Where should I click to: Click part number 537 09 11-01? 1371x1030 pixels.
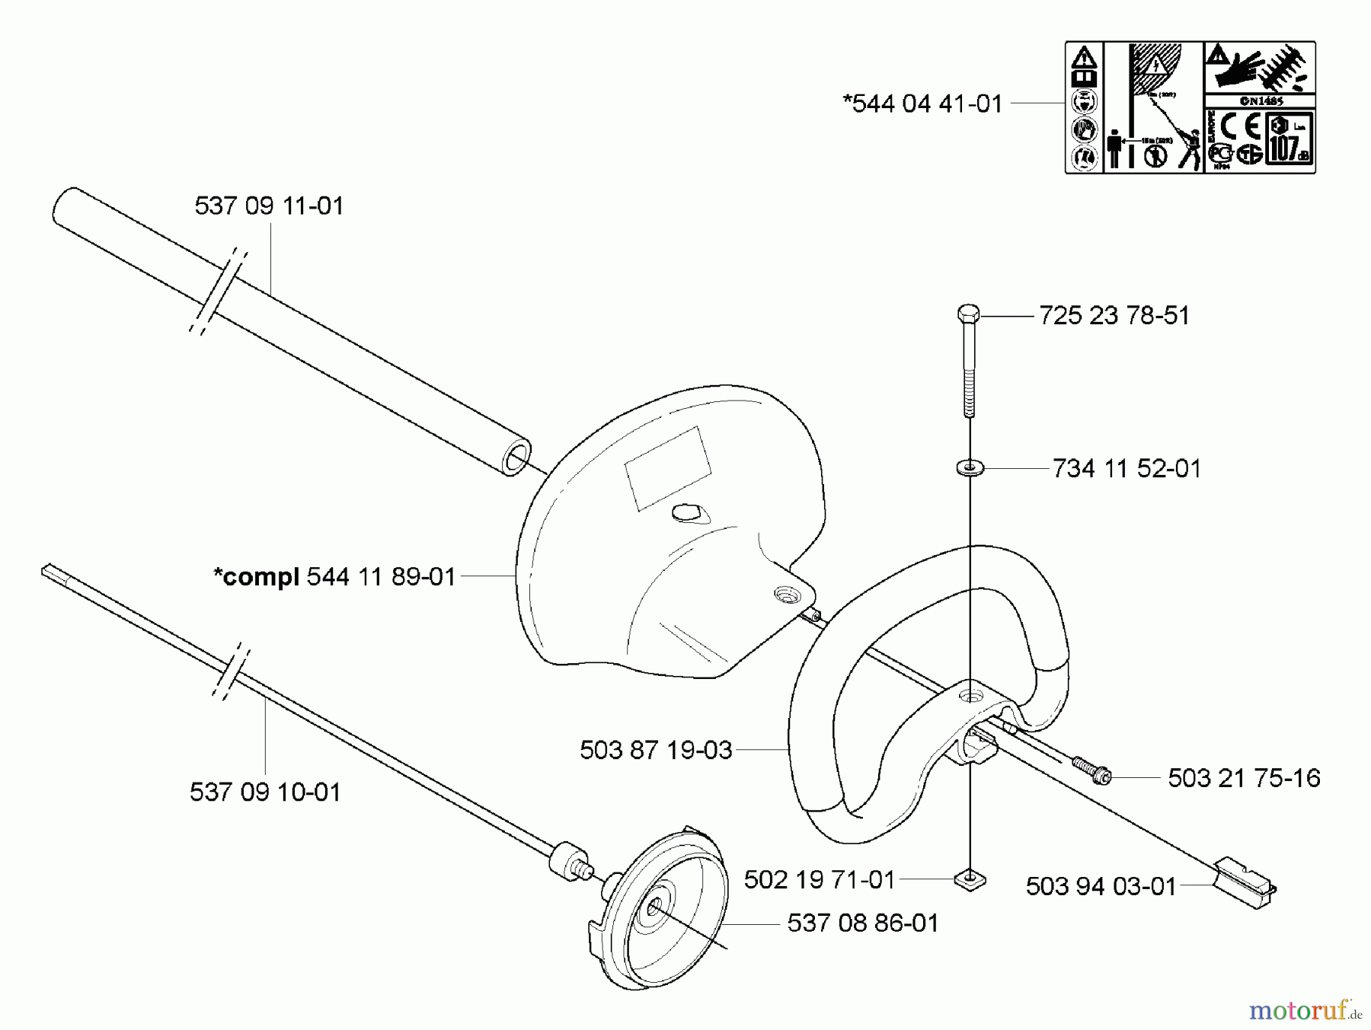click(269, 206)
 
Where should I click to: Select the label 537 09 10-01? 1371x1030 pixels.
click(265, 792)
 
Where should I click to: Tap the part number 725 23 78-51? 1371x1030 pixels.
click(1114, 316)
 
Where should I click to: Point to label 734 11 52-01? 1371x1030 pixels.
click(1127, 469)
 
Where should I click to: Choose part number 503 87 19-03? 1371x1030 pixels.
click(656, 751)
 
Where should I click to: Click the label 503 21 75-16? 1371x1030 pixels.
click(1244, 779)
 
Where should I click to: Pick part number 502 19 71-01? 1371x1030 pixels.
click(819, 880)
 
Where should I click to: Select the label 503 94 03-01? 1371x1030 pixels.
click(1101, 887)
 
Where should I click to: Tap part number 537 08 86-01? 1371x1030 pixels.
click(863, 923)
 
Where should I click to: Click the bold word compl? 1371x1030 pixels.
click(257, 577)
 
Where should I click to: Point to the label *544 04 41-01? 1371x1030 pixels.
click(922, 104)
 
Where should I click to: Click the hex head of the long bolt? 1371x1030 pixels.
click(968, 314)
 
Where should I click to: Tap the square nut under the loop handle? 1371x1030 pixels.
click(970, 880)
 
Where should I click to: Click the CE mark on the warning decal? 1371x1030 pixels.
click(1241, 125)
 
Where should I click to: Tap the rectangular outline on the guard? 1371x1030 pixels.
click(667, 468)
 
